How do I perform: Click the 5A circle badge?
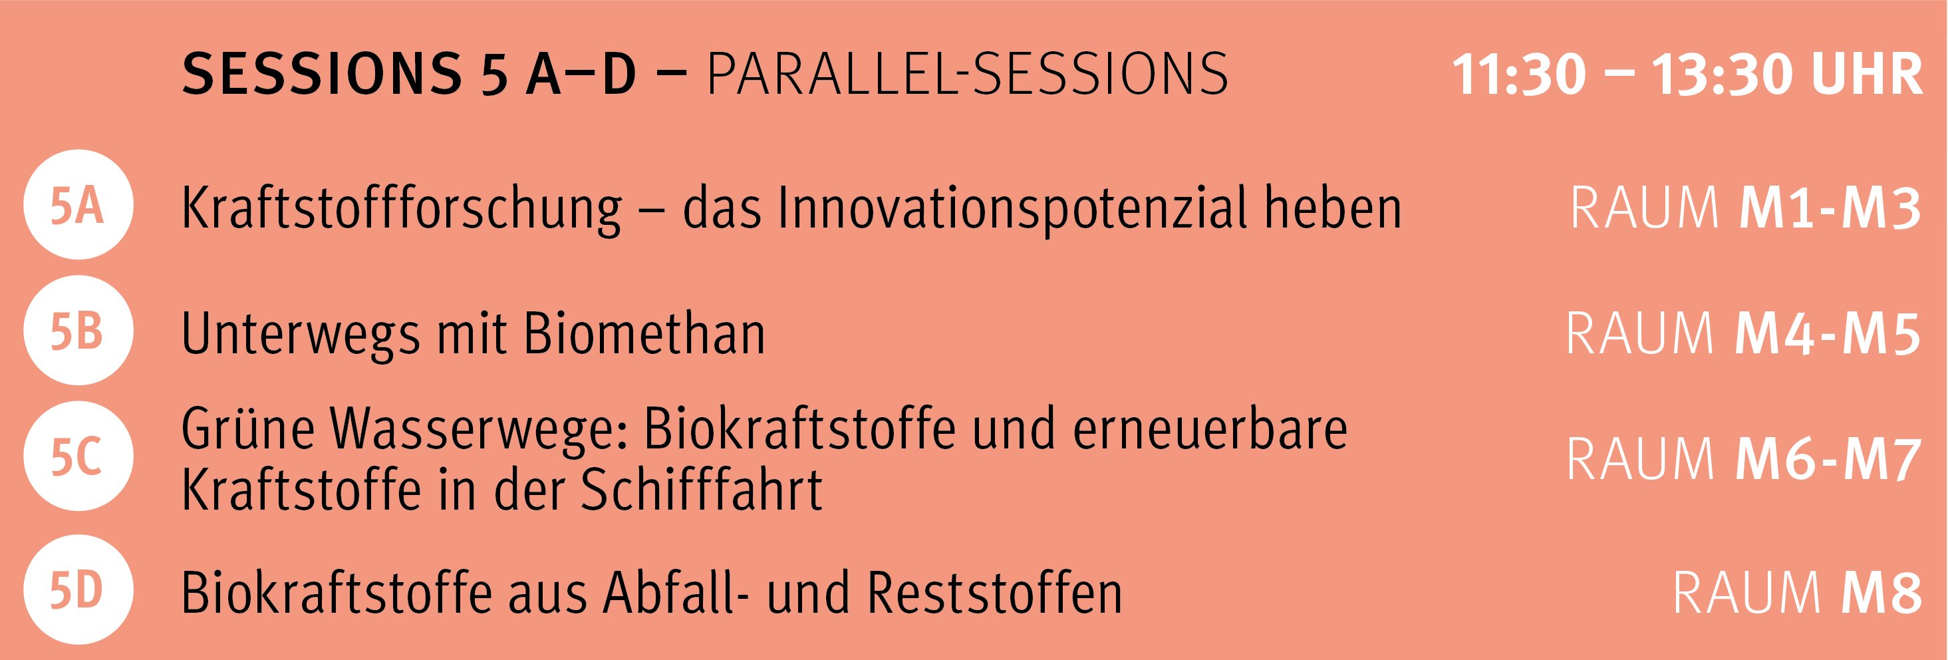[78, 205]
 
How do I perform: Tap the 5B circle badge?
[78, 331]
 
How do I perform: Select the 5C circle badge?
[78, 456]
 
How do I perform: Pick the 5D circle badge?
[78, 589]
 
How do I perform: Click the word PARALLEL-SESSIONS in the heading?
[968, 74]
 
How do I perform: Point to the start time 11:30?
[1518, 74]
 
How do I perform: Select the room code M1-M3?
[1830, 208]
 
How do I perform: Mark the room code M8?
[1881, 593]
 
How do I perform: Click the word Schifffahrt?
[701, 489]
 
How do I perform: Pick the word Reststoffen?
[994, 592]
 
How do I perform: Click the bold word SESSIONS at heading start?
[322, 74]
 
